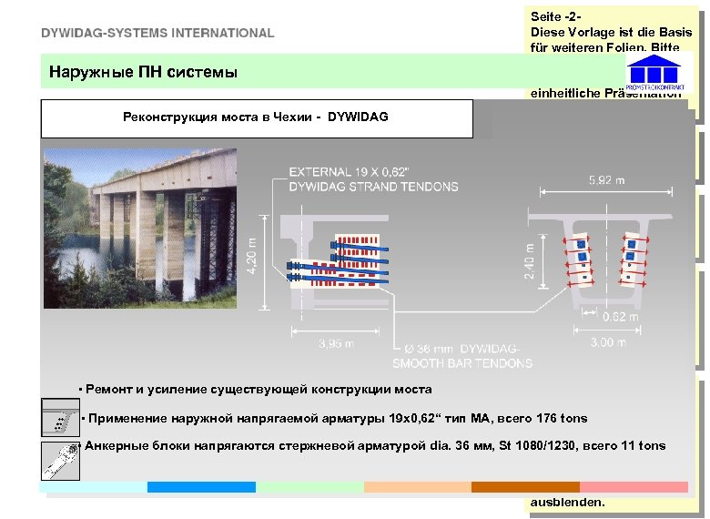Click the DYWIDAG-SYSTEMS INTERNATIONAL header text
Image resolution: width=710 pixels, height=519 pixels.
(157, 33)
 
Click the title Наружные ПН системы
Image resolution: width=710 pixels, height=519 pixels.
(143, 71)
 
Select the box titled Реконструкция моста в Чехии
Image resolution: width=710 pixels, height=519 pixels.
(258, 117)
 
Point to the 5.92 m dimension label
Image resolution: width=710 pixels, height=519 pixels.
(607, 180)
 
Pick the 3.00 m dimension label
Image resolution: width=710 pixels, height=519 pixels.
(607, 342)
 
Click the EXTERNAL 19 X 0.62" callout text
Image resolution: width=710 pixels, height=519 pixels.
(373, 179)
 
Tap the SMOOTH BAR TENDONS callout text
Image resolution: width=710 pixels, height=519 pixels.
(462, 363)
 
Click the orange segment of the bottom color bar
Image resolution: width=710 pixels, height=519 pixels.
(525, 487)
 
